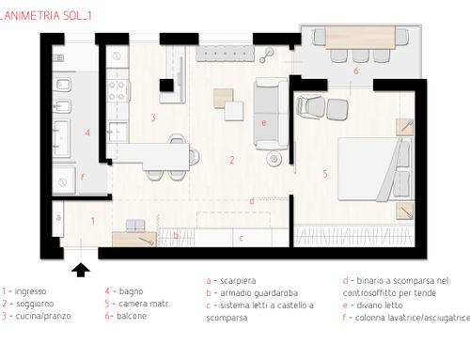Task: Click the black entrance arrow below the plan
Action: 81,270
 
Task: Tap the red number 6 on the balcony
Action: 356,70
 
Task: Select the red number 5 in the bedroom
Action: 325,174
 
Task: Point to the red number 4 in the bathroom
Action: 87,133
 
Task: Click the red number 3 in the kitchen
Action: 153,117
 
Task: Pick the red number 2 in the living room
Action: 232,160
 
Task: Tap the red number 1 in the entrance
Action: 93,221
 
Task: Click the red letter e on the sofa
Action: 264,122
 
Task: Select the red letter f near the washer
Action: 83,177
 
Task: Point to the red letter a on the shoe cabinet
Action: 58,217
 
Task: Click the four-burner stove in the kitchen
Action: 118,89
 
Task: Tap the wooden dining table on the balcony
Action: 360,38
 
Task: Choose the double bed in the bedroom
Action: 375,169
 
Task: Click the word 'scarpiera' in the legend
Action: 238,281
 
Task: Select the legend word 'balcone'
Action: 132,316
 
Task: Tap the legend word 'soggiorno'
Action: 35,304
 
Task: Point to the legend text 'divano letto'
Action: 380,305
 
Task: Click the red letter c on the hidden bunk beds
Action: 241,238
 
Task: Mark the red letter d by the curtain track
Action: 252,201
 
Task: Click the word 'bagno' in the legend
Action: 131,291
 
